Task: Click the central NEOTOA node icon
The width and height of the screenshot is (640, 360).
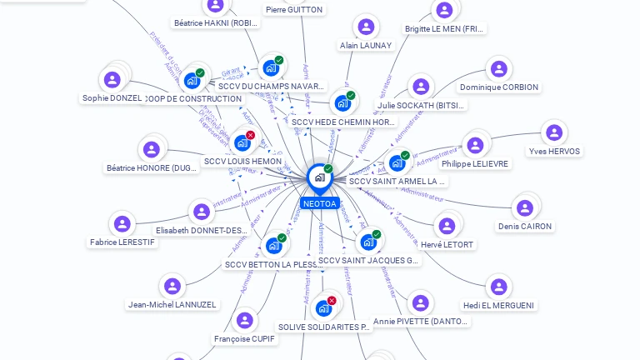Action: [319, 177]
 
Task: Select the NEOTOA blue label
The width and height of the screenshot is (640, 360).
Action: [319, 203]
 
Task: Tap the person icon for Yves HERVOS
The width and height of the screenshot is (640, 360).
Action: [553, 132]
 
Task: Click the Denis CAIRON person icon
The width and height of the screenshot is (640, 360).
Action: [524, 207]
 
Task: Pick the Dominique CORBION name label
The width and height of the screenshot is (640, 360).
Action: [498, 87]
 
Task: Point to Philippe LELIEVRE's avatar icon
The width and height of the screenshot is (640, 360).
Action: [475, 145]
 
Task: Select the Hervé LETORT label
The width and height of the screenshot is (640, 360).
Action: [447, 245]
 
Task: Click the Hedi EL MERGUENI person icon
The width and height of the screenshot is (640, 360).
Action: [498, 287]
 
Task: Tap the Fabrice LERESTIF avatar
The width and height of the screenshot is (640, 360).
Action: [122, 223]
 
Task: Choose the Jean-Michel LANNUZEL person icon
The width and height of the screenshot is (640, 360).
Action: [172, 286]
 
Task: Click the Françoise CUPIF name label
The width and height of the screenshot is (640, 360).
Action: [244, 339]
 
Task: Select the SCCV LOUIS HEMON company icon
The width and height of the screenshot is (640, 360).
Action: [242, 142]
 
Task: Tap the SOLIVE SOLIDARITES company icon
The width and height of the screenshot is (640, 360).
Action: [323, 308]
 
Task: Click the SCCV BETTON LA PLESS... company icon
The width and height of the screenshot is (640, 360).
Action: [273, 246]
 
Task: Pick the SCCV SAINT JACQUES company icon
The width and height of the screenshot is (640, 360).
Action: [367, 242]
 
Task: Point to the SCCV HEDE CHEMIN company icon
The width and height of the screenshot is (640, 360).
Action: [342, 103]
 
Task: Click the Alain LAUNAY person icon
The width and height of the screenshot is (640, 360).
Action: [365, 27]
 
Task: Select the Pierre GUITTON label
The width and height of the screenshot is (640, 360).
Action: [294, 10]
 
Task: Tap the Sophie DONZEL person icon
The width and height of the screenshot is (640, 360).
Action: [112, 80]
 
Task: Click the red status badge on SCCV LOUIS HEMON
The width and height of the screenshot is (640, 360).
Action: [250, 135]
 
